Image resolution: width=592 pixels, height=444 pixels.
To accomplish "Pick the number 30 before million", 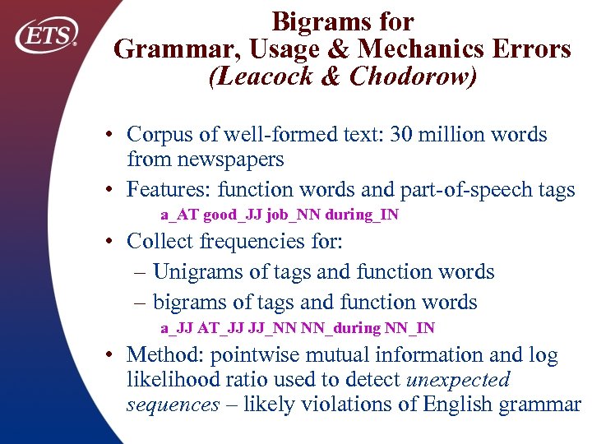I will click(426, 135).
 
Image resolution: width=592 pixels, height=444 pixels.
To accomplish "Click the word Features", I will click(169, 190).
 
